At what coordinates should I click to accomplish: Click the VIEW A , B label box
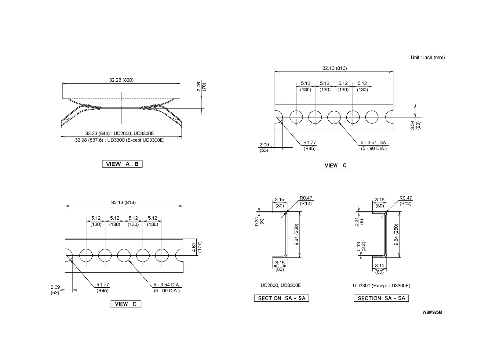pyautogui.click(x=122, y=164)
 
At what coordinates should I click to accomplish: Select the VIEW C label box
pyautogui.click(x=335, y=166)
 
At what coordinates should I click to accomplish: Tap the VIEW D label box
pyautogui.click(x=126, y=304)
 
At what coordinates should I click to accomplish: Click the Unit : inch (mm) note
pyautogui.click(x=428, y=57)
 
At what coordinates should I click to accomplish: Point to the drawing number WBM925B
pyautogui.click(x=432, y=312)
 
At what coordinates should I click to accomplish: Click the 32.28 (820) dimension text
pyautogui.click(x=121, y=80)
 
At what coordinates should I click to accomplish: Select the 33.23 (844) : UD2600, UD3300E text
pyautogui.click(x=119, y=133)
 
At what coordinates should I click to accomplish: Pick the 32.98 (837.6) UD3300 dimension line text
pyautogui.click(x=120, y=140)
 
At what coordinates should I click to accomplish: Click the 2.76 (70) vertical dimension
pyautogui.click(x=201, y=86)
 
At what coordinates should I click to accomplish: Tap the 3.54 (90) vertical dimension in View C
pyautogui.click(x=415, y=125)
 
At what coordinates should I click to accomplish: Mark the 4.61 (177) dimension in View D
pyautogui.click(x=197, y=247)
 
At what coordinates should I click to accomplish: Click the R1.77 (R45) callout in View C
pyautogui.click(x=309, y=146)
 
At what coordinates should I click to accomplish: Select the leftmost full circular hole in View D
pyautogui.click(x=86, y=255)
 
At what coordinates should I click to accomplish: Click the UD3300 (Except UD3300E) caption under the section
pyautogui.click(x=381, y=286)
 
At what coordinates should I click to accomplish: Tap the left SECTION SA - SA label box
pyautogui.click(x=282, y=298)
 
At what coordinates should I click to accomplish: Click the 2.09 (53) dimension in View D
pyautogui.click(x=55, y=290)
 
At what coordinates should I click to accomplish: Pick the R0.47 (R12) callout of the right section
pyautogui.click(x=406, y=201)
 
